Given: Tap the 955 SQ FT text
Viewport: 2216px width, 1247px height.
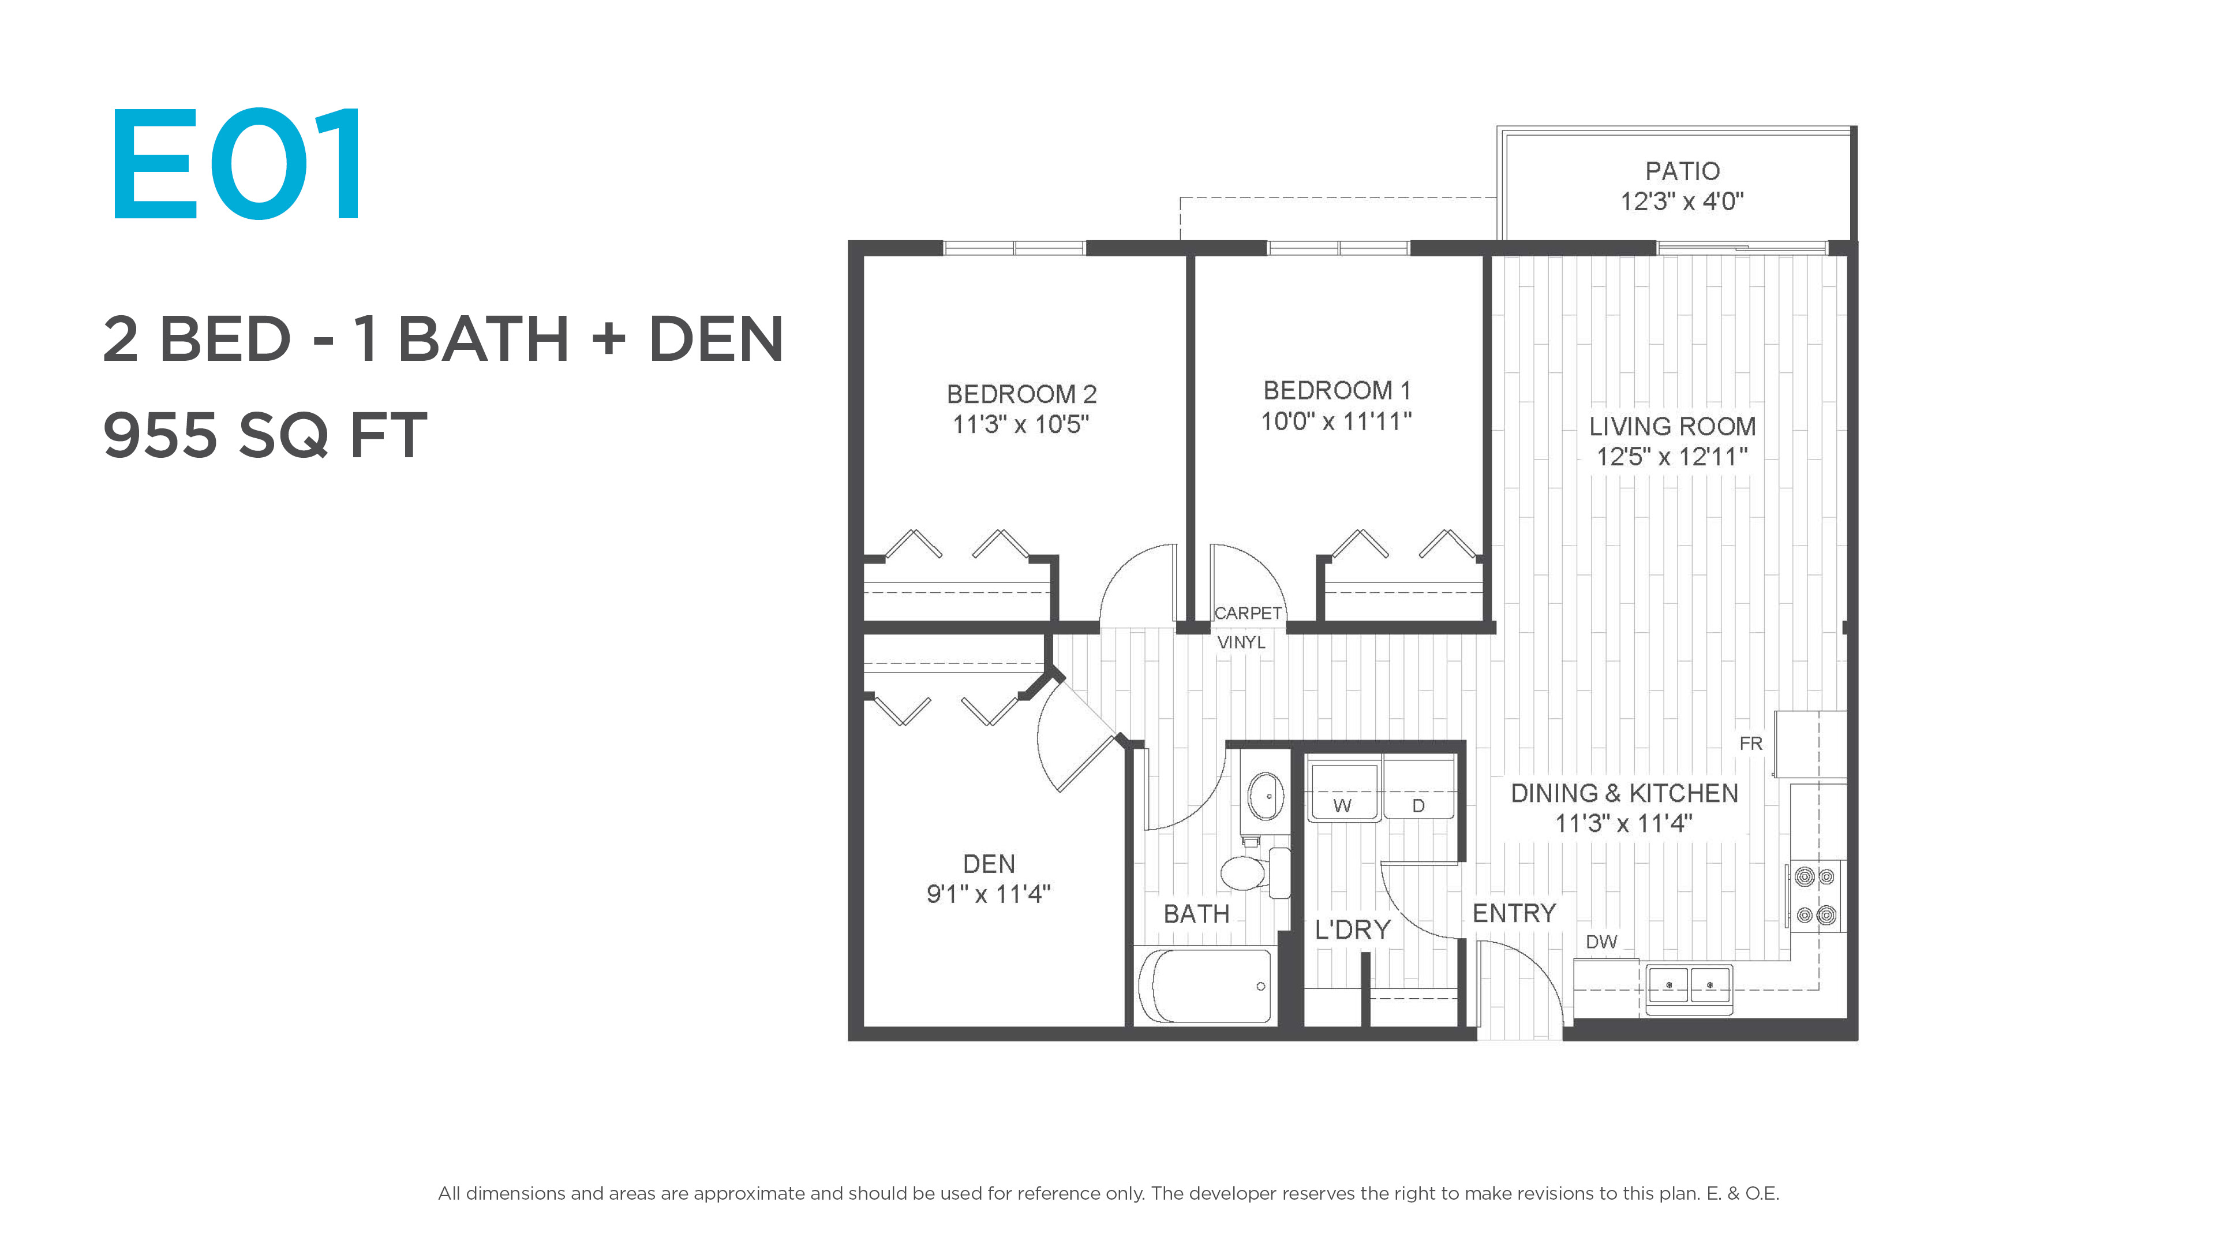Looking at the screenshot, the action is coord(265,435).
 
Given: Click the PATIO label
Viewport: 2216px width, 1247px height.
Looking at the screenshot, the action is coord(1682,171).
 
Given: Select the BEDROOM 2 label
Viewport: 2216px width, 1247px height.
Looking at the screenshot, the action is coord(1021,394).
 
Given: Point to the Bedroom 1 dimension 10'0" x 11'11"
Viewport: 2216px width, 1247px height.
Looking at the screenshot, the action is coord(1336,421).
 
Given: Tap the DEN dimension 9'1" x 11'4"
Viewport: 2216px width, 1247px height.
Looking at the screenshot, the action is coord(989,894).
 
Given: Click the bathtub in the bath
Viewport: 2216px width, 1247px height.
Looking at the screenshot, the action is coord(1205,986).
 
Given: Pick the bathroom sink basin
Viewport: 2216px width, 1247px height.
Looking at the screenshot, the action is coord(1266,796).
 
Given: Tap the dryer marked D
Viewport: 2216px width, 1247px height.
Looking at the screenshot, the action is coord(1418,787).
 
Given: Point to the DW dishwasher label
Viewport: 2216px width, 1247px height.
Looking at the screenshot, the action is coord(1601,942).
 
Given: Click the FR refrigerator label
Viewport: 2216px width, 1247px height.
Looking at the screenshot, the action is coord(1751,744).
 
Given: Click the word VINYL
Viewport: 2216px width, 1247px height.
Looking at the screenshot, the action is coord(1241,642).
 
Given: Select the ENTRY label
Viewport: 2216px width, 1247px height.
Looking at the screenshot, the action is coord(1514,913).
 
